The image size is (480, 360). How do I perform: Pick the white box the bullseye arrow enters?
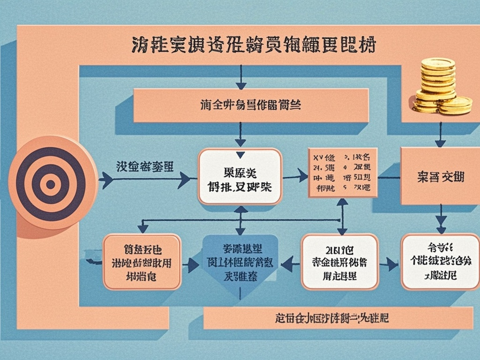pos(240,176)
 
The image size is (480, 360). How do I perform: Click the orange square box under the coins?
pos(440,176)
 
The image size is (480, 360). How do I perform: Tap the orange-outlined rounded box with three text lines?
pos(142,262)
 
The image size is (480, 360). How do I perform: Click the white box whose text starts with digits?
pos(339,262)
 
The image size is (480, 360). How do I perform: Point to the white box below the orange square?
pos(440,262)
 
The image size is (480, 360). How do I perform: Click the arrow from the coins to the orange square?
pos(440,134)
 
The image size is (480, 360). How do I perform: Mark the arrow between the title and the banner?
pos(241,77)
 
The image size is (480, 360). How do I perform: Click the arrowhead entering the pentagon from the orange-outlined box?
pos(193,266)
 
